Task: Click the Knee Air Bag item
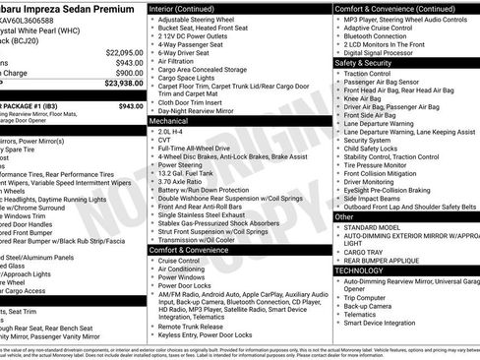tap(365, 98)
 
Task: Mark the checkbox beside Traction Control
tap(338, 74)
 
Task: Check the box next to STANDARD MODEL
tap(338, 227)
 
